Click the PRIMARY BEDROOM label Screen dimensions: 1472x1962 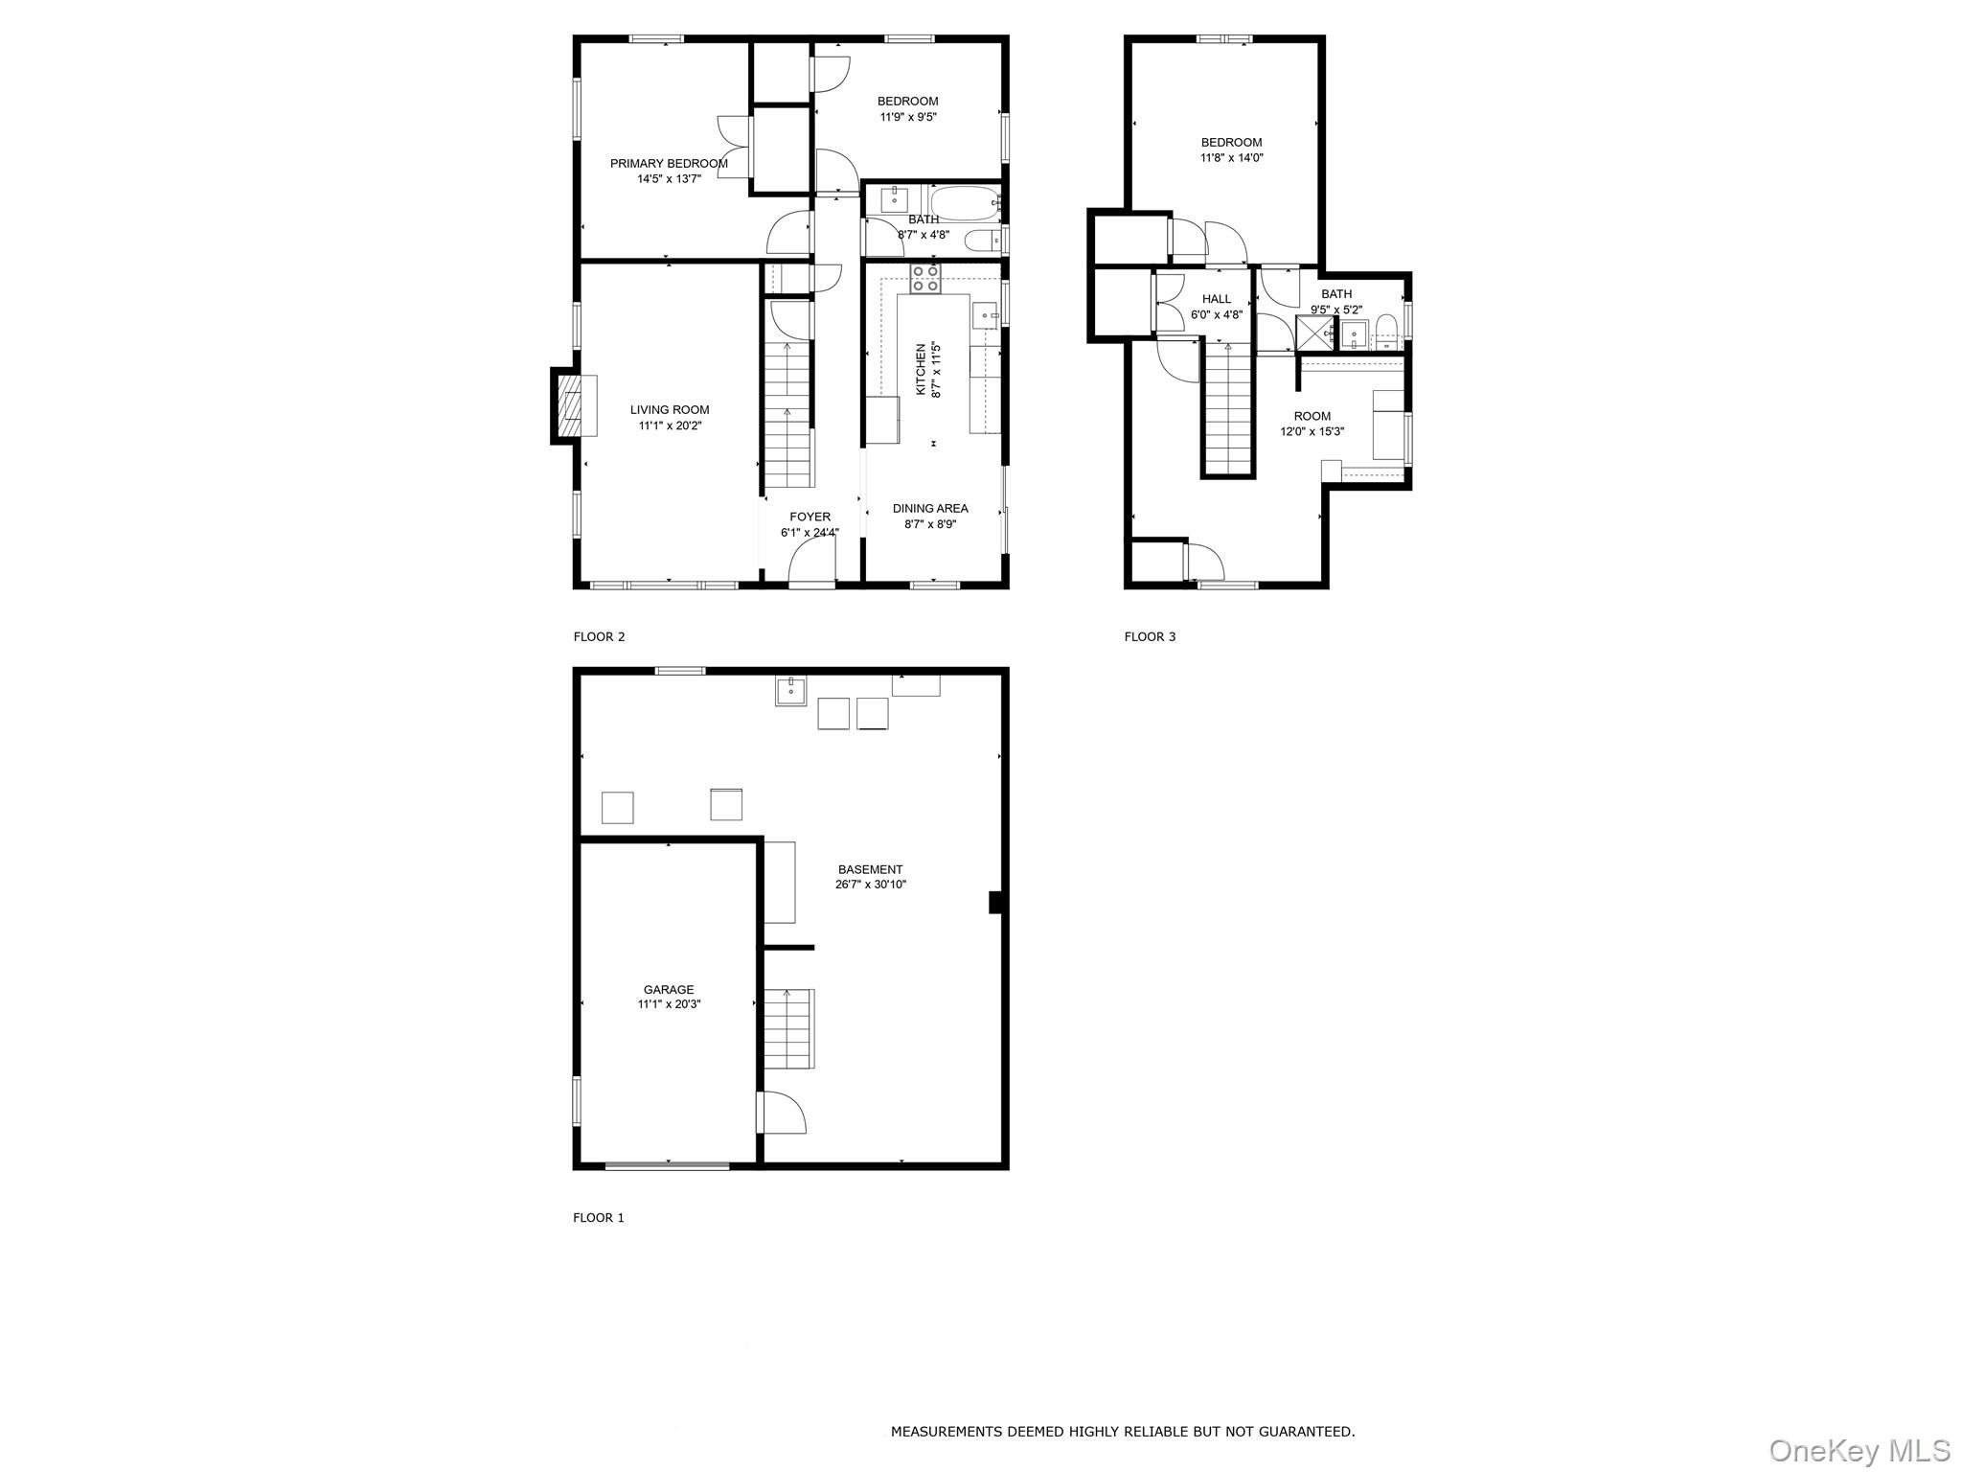point(669,163)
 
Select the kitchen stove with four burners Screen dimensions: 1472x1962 point(924,278)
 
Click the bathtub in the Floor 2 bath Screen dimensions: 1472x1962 point(964,203)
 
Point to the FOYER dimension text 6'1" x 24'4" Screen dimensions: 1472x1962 point(810,533)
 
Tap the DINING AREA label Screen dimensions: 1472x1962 point(930,508)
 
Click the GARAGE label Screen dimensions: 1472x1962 point(669,989)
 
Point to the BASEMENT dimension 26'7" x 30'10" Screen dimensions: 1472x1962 point(870,885)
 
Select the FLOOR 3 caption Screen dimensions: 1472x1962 point(1150,636)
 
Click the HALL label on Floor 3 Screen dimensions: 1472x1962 point(1217,299)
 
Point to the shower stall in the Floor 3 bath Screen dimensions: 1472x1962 point(1315,333)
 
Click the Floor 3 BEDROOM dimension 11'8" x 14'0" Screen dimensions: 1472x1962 point(1231,158)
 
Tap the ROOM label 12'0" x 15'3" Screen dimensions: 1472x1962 point(1312,416)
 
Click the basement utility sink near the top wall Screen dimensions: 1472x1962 point(790,690)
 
